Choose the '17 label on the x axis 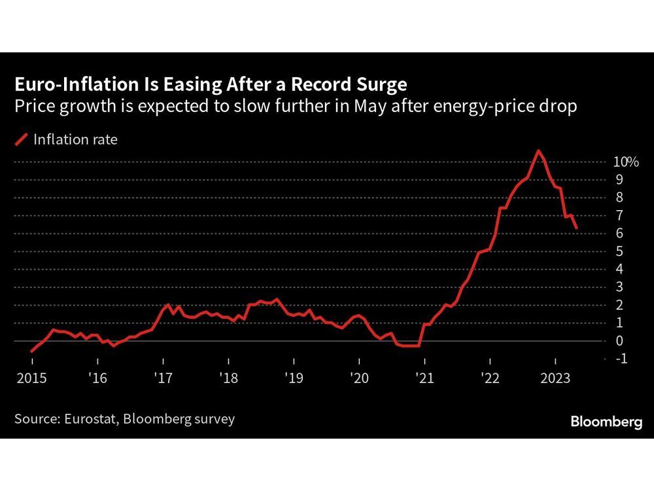tap(162, 378)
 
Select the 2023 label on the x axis tap(555, 378)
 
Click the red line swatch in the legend tap(22, 139)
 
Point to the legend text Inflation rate tap(75, 139)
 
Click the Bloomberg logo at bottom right tap(606, 422)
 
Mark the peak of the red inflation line tap(538, 151)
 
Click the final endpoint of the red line tap(576, 228)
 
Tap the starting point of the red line tap(31, 352)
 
